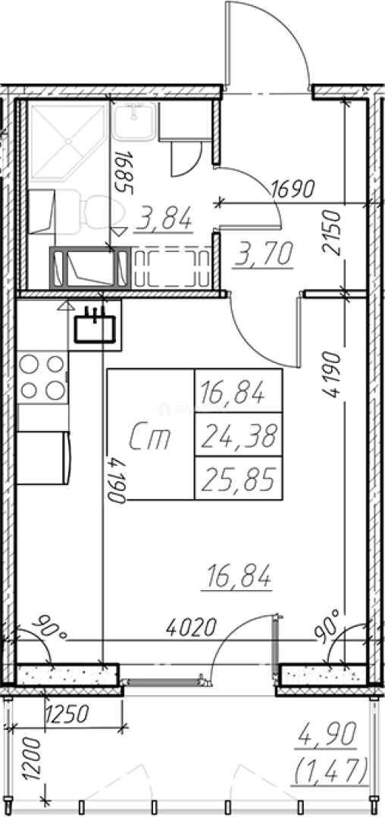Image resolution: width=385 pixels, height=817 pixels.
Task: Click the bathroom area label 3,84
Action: click(163, 219)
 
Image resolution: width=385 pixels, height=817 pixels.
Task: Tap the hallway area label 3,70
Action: click(262, 254)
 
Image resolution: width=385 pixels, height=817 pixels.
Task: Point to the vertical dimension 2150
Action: click(331, 232)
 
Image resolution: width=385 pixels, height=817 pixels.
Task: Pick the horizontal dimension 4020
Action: click(190, 629)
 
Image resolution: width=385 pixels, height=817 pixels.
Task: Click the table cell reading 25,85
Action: click(239, 478)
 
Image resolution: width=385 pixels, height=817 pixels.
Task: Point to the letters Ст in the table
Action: click(150, 436)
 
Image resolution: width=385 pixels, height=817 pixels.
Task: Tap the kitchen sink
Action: click(95, 328)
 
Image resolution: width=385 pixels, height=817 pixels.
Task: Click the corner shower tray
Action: click(67, 141)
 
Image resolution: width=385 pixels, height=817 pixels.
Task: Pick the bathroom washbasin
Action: click(134, 120)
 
